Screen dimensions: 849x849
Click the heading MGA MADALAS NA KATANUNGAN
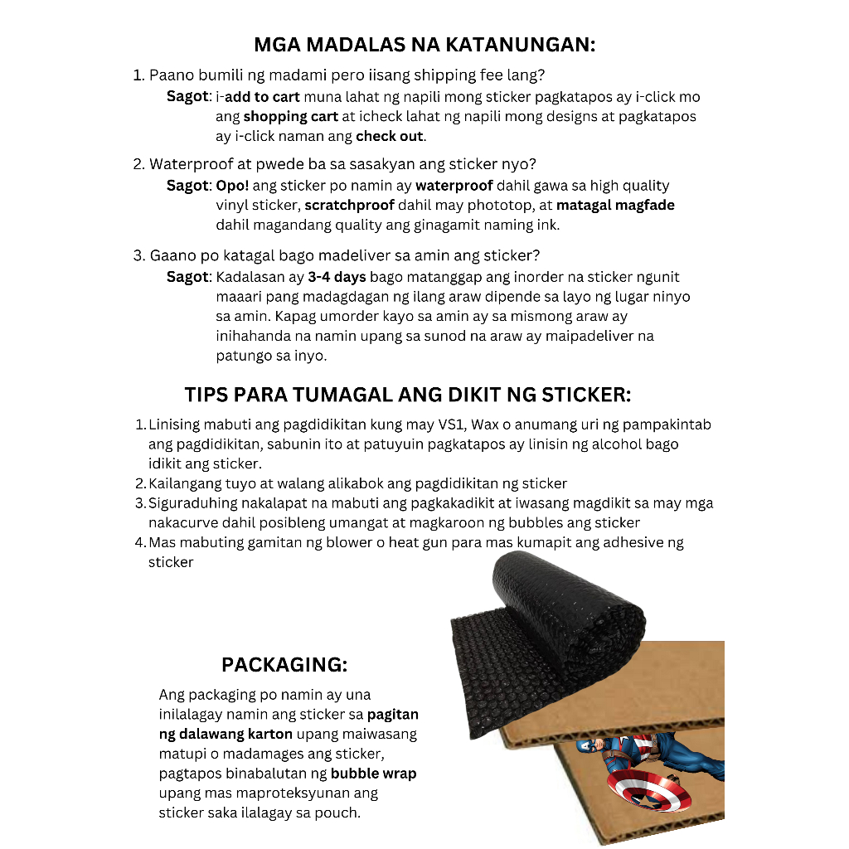[x=424, y=44]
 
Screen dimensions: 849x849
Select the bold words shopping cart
[x=290, y=117]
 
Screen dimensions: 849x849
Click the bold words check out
[x=389, y=136]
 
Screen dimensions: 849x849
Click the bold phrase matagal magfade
[x=615, y=205]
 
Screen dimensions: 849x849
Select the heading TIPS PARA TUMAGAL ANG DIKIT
[x=408, y=393]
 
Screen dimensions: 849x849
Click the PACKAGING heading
[x=284, y=664]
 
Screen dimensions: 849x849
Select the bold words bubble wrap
[x=373, y=774]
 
